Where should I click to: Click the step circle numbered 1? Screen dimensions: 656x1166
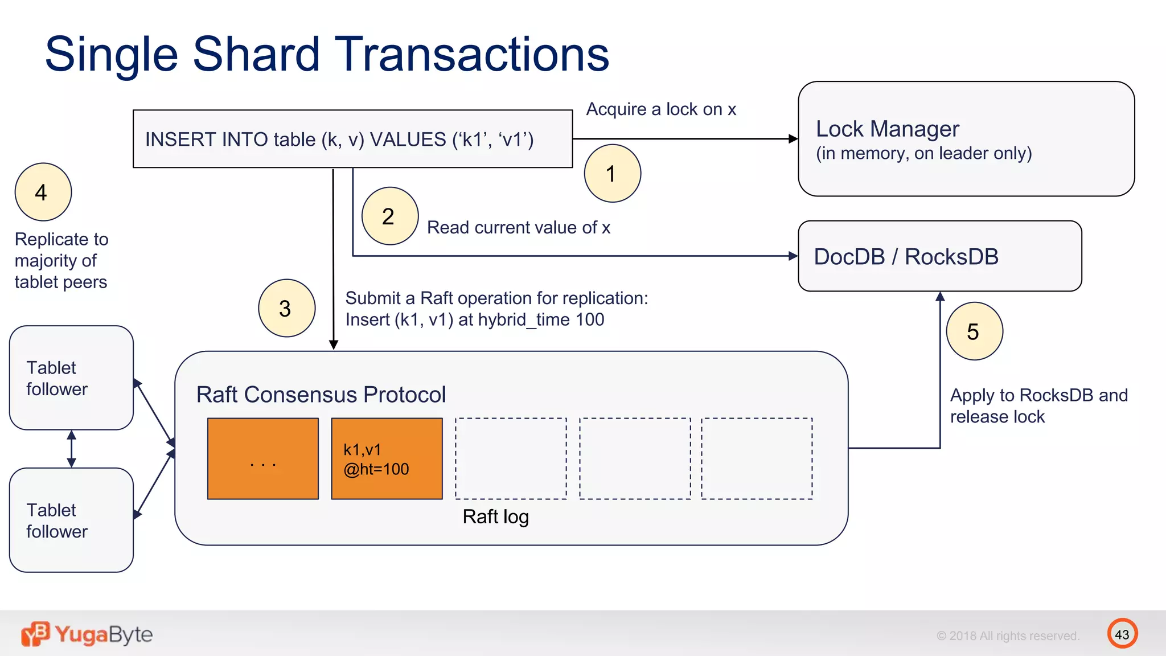tap(612, 173)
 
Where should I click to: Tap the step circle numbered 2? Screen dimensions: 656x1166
tap(389, 216)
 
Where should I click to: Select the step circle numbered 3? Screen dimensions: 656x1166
tap(286, 308)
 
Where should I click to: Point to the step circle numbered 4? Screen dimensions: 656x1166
tap(43, 192)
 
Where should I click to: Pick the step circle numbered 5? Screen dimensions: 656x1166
tap(974, 331)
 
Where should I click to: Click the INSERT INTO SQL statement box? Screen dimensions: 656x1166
tap(352, 139)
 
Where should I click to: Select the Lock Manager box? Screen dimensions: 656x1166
tap(966, 139)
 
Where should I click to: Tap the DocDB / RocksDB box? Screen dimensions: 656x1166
tap(939, 256)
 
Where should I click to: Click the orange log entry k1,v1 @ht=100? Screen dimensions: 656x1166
tap(387, 459)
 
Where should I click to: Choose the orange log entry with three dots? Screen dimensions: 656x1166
tap(262, 459)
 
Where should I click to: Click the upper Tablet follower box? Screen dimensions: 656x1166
tap(71, 378)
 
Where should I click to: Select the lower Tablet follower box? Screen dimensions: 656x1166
tap(71, 520)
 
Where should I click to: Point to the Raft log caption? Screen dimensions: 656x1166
tap(495, 516)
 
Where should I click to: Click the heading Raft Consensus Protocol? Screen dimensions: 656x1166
tap(321, 395)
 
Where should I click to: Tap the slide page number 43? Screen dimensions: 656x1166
tap(1122, 634)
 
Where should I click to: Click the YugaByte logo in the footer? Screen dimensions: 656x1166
tap(87, 634)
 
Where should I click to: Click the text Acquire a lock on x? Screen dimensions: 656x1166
tap(660, 109)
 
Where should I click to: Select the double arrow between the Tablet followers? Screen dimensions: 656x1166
tap(71, 449)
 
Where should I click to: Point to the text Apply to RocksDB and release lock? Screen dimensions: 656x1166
tap(1038, 405)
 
